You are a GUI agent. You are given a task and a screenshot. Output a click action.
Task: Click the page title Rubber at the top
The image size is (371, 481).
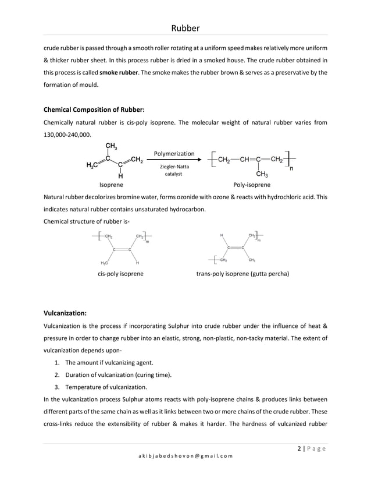(x=185, y=28)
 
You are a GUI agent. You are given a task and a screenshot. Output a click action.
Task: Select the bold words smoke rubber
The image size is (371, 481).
(x=120, y=72)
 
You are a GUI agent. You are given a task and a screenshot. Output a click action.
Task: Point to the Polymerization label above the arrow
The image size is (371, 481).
(x=174, y=153)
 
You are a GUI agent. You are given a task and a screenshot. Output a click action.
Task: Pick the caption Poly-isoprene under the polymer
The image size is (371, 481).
(x=251, y=184)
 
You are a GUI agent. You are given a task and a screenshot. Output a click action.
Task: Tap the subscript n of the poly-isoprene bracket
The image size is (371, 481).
(x=291, y=169)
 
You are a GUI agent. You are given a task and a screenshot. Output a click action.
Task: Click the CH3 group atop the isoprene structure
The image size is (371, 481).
(x=110, y=146)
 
